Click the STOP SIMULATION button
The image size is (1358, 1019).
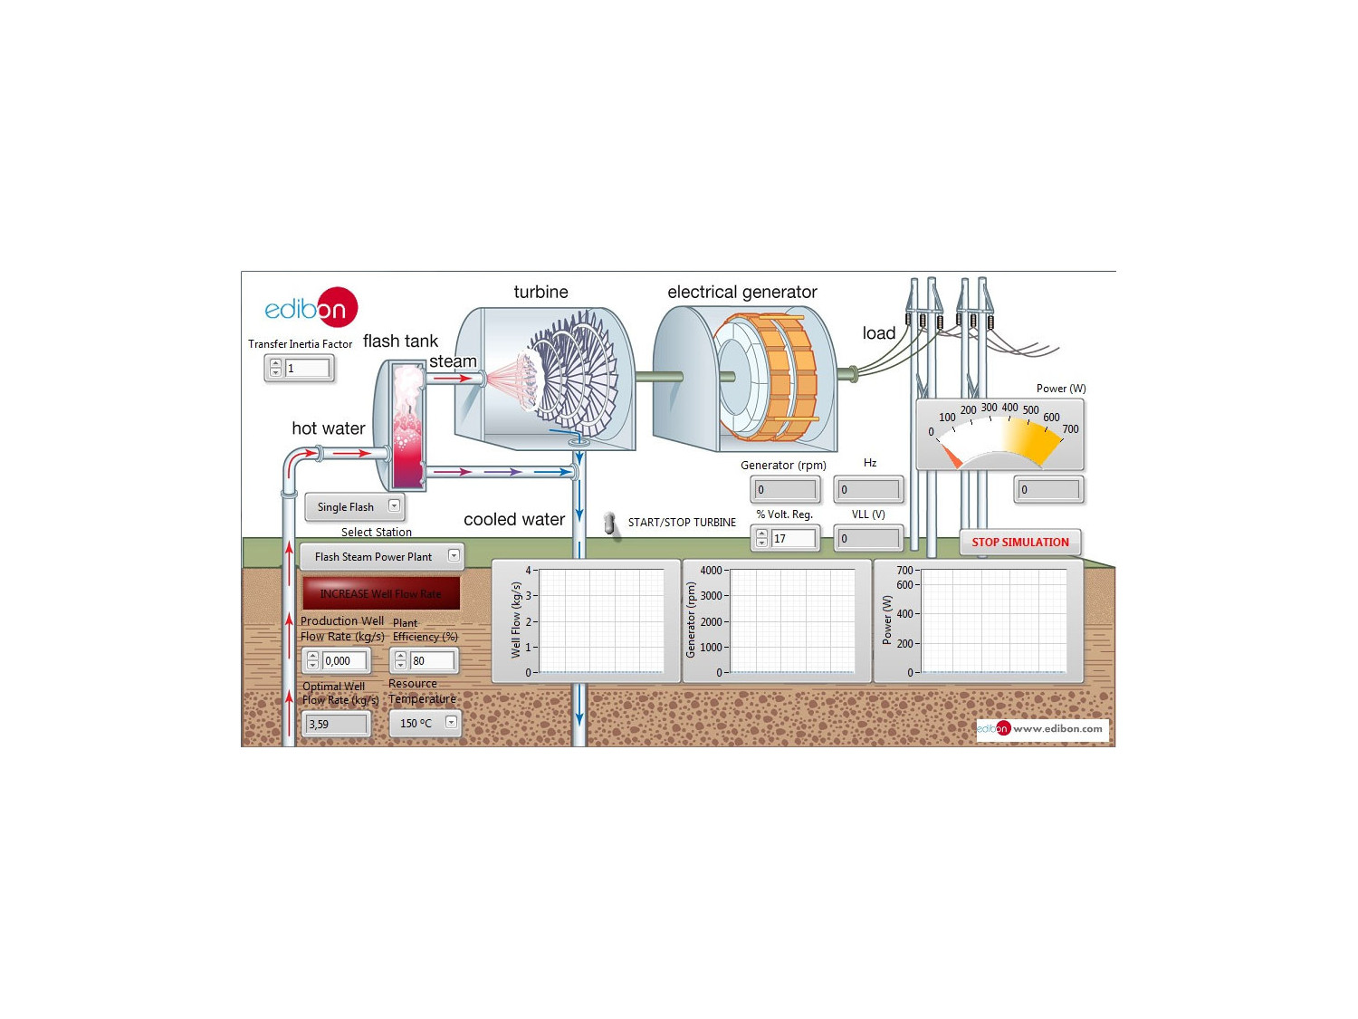click(1019, 542)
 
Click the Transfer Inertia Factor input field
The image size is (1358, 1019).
click(307, 369)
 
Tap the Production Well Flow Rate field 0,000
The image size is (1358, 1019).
click(345, 661)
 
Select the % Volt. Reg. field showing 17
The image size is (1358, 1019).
click(793, 539)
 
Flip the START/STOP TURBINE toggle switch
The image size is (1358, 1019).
click(610, 524)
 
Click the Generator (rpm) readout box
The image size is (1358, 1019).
click(785, 490)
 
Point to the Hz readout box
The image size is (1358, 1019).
click(868, 490)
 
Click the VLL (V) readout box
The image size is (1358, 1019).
click(868, 539)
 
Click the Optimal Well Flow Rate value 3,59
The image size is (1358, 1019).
click(336, 724)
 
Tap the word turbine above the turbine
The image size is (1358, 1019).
click(540, 292)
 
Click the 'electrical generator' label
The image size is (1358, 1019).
click(741, 292)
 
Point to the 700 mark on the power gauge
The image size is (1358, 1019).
click(1070, 429)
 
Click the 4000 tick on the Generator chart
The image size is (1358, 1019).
click(711, 571)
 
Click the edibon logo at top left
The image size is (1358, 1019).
click(311, 307)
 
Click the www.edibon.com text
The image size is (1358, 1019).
click(1057, 729)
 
